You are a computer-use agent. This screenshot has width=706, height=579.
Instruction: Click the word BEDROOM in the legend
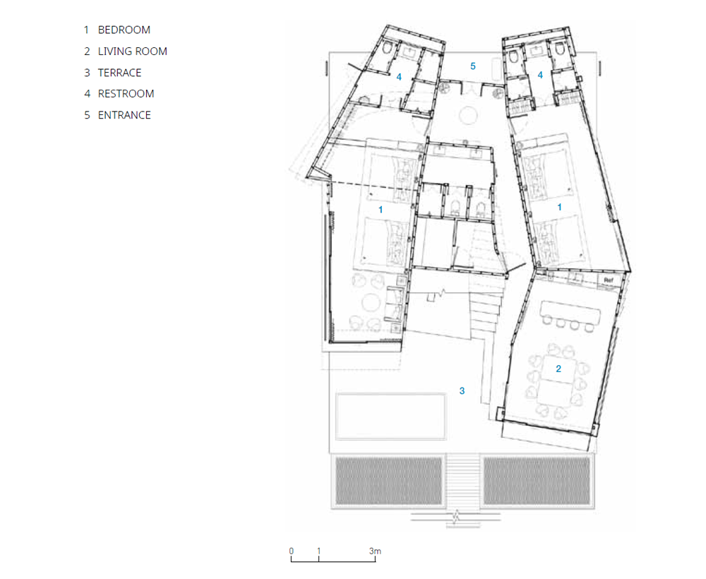click(x=124, y=30)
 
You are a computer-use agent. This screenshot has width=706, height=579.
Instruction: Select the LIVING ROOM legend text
click(x=133, y=52)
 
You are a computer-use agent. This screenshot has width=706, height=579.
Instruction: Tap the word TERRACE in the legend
click(x=119, y=73)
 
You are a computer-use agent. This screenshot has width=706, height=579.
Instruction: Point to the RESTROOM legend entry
click(x=126, y=94)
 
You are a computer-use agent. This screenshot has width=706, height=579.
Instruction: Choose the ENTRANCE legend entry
click(x=124, y=115)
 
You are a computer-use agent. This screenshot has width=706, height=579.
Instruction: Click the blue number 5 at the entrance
click(x=473, y=66)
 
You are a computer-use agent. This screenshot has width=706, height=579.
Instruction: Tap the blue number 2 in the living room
click(x=558, y=369)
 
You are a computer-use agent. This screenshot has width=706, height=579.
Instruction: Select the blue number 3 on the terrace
click(x=462, y=390)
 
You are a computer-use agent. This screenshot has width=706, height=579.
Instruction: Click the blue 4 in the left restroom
click(x=399, y=78)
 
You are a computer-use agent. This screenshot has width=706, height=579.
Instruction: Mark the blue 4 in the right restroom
click(x=540, y=75)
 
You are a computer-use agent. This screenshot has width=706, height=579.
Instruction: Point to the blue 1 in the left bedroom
click(x=381, y=210)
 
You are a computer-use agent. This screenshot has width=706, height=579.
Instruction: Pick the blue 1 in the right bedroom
click(x=560, y=207)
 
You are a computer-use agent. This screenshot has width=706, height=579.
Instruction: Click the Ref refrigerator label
click(x=609, y=280)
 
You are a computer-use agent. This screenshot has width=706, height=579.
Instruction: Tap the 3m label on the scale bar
click(x=375, y=551)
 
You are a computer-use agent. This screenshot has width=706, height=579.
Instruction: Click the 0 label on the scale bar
click(x=292, y=551)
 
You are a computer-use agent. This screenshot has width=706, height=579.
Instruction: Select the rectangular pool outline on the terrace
click(x=391, y=395)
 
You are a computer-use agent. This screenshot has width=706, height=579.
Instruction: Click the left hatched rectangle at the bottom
click(x=388, y=481)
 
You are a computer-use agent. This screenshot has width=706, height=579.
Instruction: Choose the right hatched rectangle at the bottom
click(x=537, y=481)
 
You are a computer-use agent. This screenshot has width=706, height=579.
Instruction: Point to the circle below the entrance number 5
click(x=468, y=115)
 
